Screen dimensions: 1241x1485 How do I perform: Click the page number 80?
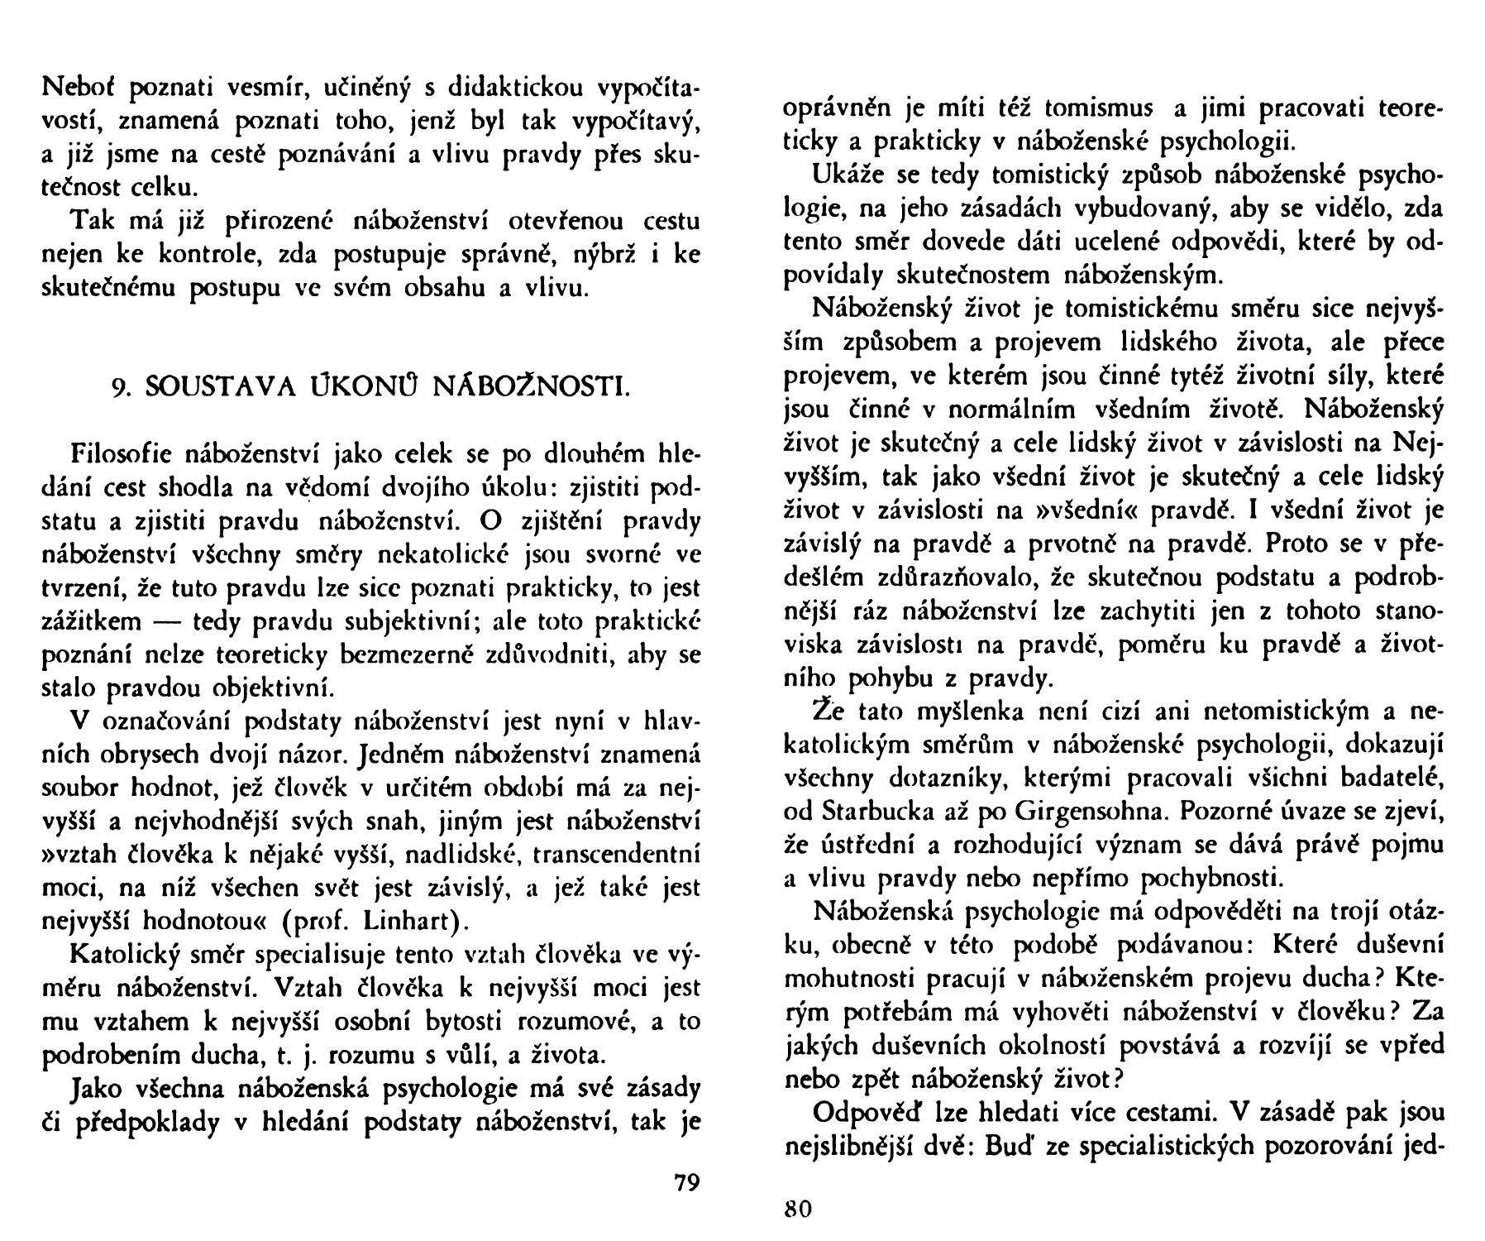pos(798,1210)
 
